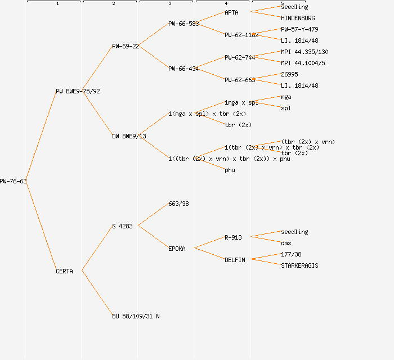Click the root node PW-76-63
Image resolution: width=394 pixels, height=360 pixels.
(x=13, y=181)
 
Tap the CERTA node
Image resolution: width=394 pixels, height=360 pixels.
(x=64, y=271)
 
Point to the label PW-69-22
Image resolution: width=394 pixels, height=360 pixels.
(x=126, y=46)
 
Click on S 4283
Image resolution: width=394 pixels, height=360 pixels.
(x=122, y=226)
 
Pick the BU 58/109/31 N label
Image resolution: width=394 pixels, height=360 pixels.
(x=136, y=316)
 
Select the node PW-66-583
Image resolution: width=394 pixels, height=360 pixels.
(x=183, y=24)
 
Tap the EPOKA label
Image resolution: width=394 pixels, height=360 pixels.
(x=177, y=249)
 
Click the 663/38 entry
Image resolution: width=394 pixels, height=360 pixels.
(x=178, y=204)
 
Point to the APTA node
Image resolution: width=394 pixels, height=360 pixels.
(x=231, y=12)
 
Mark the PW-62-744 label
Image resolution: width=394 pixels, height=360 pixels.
(x=240, y=57)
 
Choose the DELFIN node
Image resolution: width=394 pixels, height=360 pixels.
(x=235, y=260)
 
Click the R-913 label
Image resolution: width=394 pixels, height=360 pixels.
(x=233, y=237)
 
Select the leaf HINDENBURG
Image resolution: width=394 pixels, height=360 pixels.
(x=298, y=18)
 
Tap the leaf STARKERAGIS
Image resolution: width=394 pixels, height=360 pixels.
(x=299, y=265)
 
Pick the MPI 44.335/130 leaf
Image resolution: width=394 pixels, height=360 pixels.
(x=305, y=52)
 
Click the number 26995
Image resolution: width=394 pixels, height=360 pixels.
(x=289, y=74)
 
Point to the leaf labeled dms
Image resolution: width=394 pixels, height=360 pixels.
(x=286, y=243)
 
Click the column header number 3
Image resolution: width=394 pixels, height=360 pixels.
(x=169, y=4)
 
